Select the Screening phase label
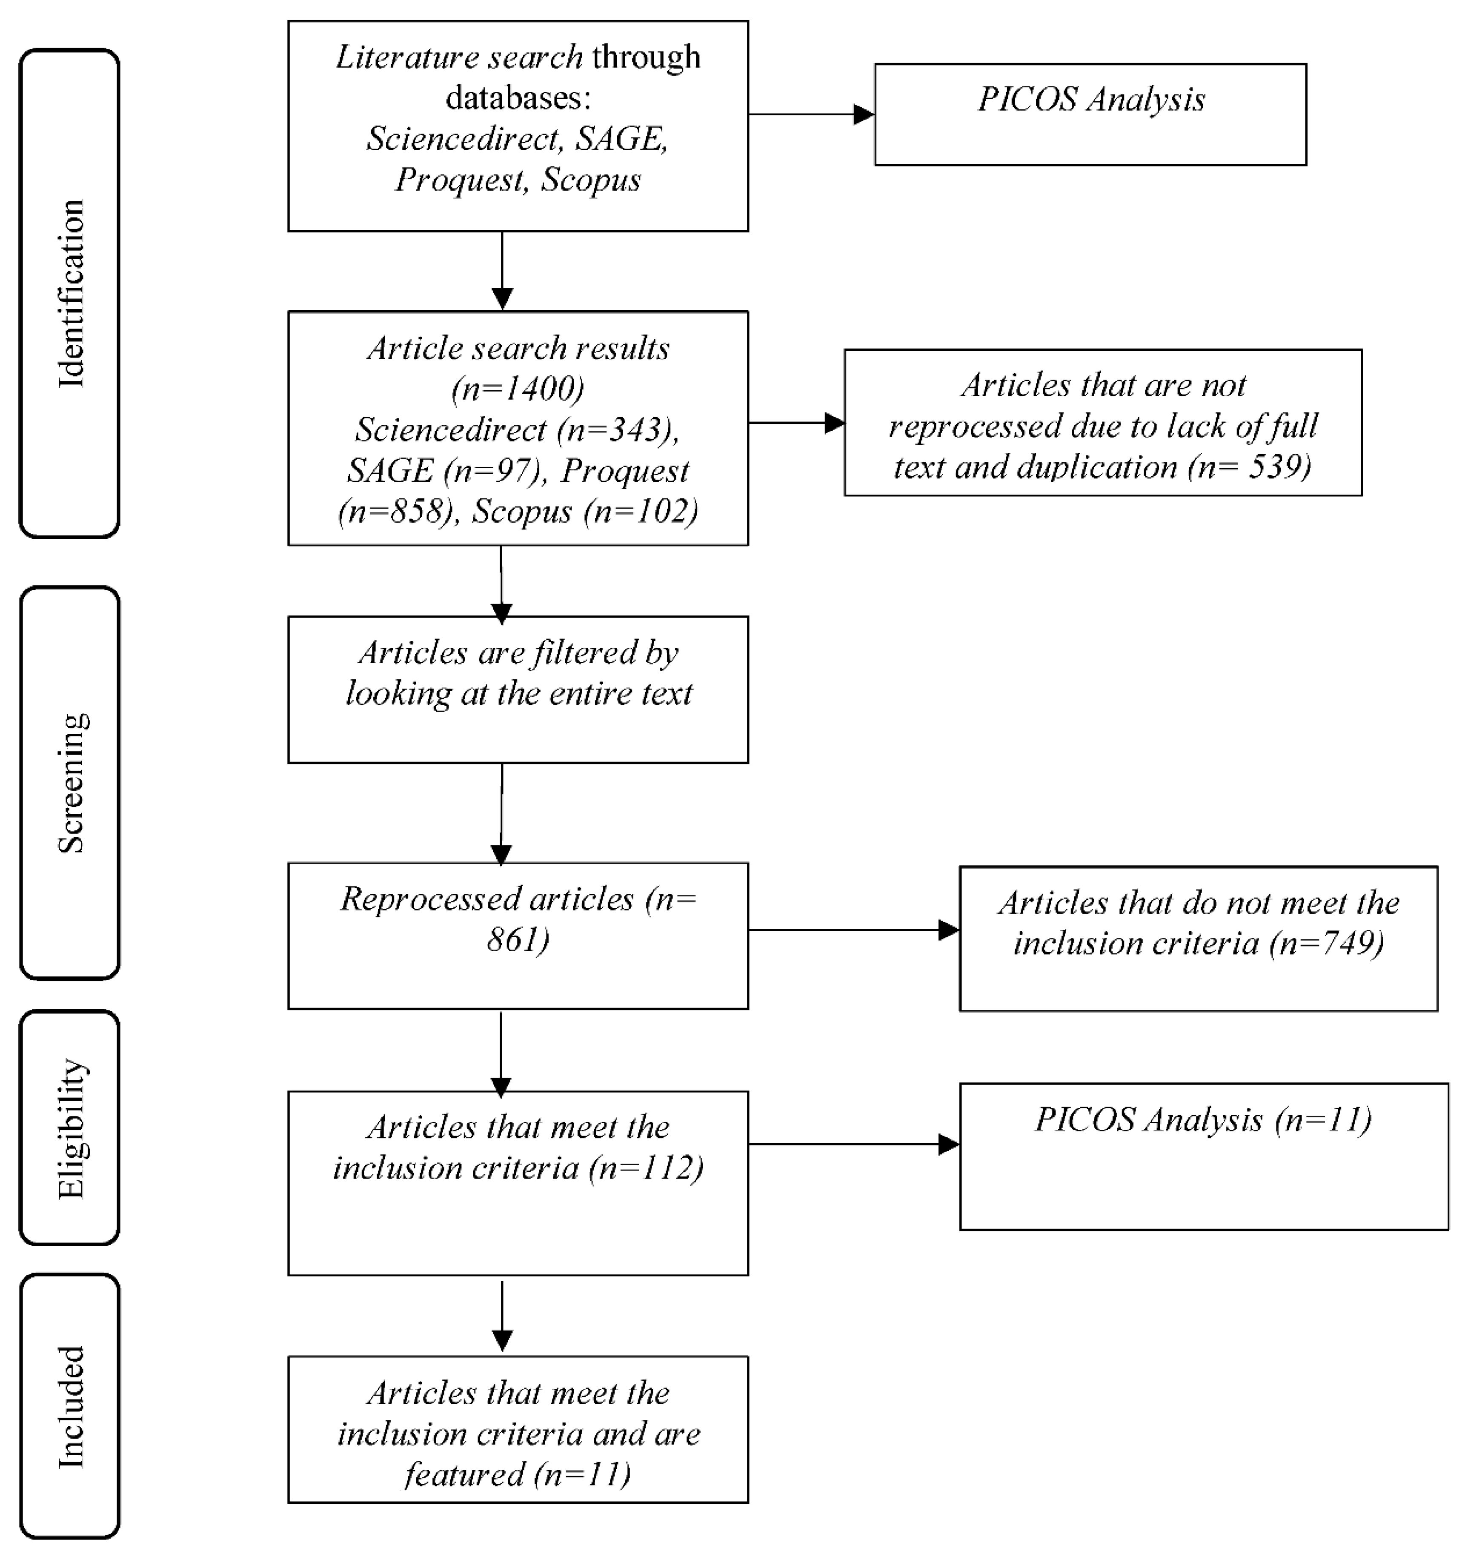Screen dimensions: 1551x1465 tap(70, 783)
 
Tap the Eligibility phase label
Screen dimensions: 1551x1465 tap(70, 1128)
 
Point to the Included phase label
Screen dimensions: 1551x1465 tap(70, 1407)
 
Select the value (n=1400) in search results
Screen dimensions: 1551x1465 tap(518, 388)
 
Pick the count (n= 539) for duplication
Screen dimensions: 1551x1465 tap(1250, 467)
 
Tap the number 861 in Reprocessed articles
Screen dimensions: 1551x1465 tap(518, 939)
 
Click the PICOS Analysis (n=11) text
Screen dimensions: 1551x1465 tap(1203, 1120)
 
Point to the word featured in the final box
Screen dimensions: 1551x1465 tap(465, 1474)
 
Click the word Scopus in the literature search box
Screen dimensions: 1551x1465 tap(591, 180)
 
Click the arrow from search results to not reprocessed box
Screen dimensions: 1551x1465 tap(796, 423)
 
